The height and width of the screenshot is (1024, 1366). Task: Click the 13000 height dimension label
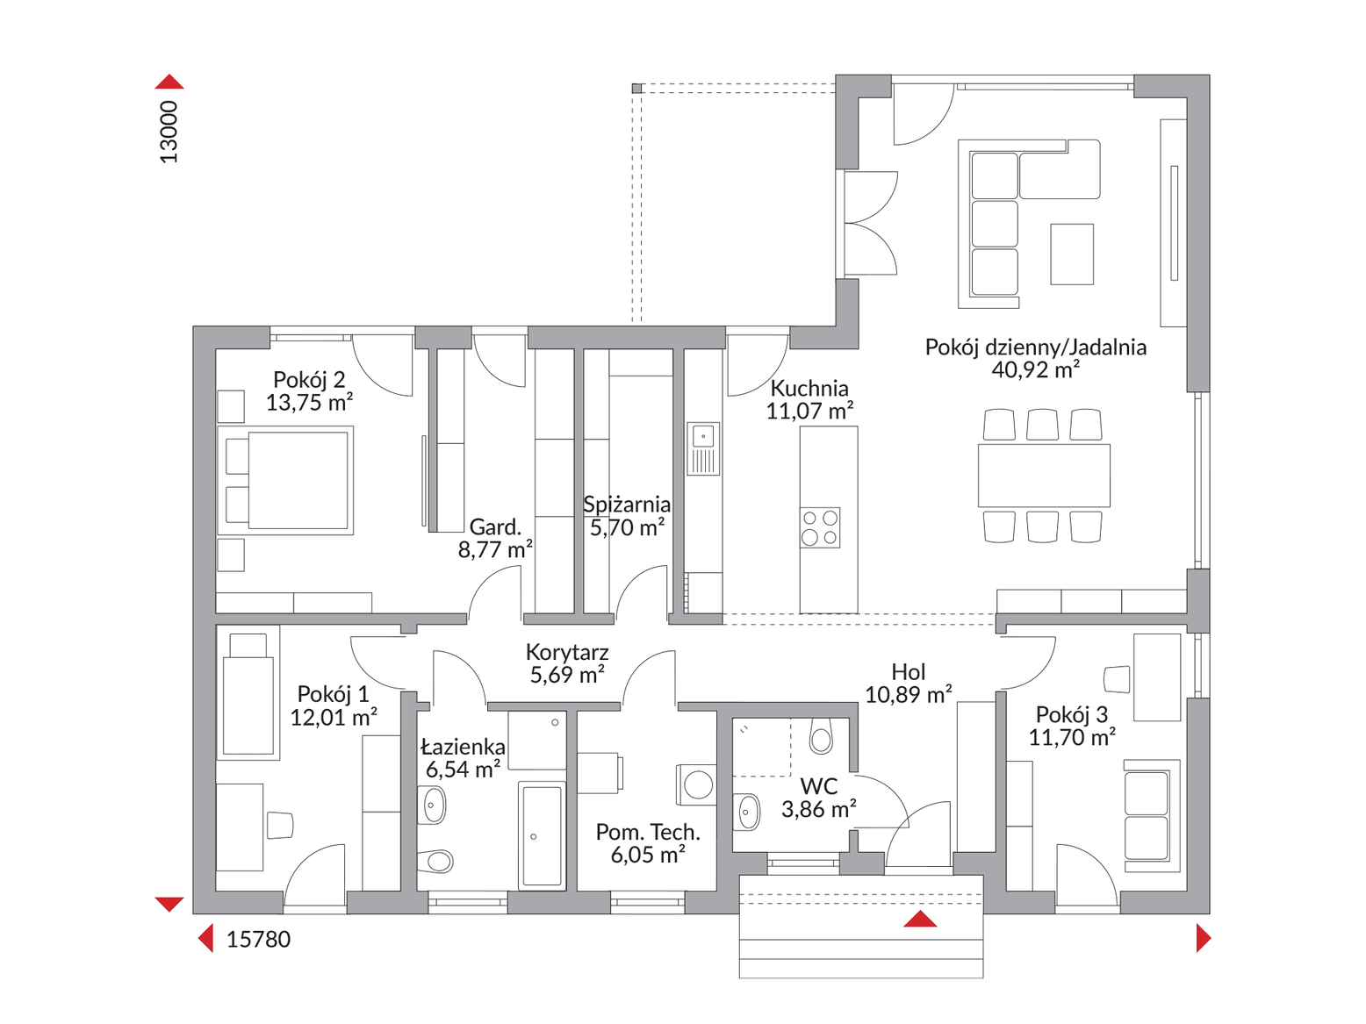pyautogui.click(x=169, y=132)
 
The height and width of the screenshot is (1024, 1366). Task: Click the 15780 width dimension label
pyautogui.click(x=258, y=940)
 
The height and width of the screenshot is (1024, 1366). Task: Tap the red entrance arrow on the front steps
pyautogui.click(x=920, y=919)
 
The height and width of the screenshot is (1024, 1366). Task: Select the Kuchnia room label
pyautogui.click(x=809, y=389)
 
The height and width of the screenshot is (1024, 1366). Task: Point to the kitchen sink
pyautogui.click(x=703, y=449)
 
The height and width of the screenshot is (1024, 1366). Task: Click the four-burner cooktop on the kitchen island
pyautogui.click(x=820, y=528)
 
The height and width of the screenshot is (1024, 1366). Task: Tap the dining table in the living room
pyautogui.click(x=1044, y=476)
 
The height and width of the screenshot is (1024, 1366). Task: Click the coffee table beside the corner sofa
pyautogui.click(x=1072, y=254)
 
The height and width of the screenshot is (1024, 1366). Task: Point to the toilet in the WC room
pyautogui.click(x=821, y=736)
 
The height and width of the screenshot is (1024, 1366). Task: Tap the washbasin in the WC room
pyautogui.click(x=747, y=812)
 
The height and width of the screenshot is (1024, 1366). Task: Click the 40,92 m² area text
pyautogui.click(x=1035, y=370)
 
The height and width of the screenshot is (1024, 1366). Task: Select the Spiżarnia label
pyautogui.click(x=627, y=505)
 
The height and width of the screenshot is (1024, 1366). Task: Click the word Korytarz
pyautogui.click(x=567, y=652)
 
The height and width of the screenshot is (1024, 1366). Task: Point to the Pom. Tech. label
pyautogui.click(x=648, y=832)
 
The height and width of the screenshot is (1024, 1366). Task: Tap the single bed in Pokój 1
pyautogui.click(x=248, y=694)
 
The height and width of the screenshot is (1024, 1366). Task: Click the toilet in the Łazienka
pyautogui.click(x=435, y=861)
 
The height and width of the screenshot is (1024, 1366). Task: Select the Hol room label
pyautogui.click(x=908, y=672)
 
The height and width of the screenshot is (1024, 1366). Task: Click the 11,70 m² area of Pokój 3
pyautogui.click(x=1072, y=738)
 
